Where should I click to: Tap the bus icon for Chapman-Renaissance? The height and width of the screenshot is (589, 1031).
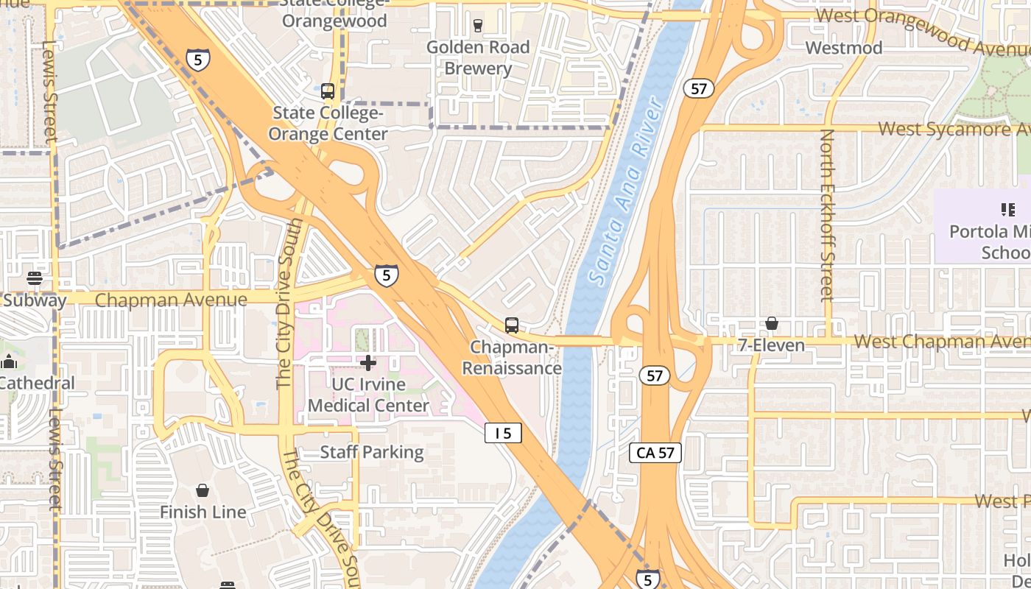511,325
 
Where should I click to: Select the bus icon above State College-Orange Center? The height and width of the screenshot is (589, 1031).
328,91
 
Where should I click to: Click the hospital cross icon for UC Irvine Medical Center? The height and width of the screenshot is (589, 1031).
368,362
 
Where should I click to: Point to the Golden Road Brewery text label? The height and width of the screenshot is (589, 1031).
478,57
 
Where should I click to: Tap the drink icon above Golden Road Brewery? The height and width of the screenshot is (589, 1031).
477,26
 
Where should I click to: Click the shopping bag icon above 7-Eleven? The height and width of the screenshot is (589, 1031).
771,323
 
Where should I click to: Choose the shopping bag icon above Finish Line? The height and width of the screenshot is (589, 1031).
203,490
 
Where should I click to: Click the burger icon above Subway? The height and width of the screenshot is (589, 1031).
35,278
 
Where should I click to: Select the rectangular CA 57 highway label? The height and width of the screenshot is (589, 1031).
655,453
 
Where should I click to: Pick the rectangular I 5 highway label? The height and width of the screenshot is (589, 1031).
503,434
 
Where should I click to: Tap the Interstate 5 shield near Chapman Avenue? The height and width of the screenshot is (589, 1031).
386,275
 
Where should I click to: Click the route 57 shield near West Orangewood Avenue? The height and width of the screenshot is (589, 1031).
699,89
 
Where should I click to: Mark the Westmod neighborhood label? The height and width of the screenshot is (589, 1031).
844,48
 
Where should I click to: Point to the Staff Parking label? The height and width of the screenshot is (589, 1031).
372,452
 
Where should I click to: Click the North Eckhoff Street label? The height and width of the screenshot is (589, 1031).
827,215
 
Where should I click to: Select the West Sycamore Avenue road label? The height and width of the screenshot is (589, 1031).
954,129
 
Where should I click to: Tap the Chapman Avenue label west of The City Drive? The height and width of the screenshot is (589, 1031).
171,300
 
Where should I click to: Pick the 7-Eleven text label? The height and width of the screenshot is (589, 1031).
770,345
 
